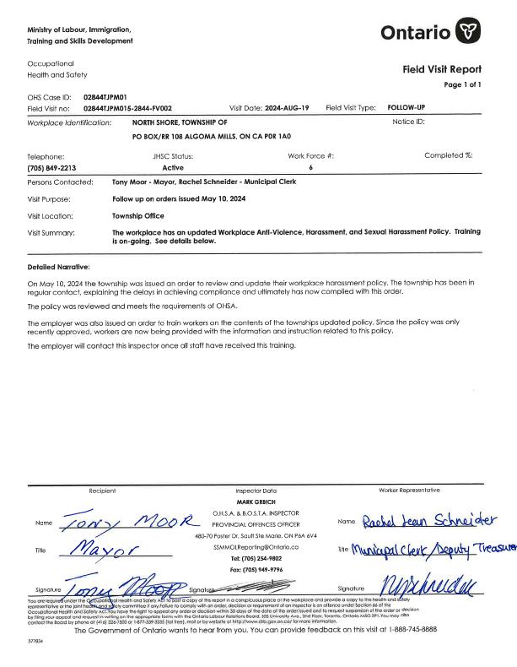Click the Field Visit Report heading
[x=442, y=69]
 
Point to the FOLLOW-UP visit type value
[x=407, y=108]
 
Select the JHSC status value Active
[x=173, y=168]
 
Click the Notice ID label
[x=408, y=122]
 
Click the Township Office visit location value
[x=138, y=215]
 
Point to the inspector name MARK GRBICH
[x=256, y=501]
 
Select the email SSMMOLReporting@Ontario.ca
[x=257, y=547]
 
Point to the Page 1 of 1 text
[x=462, y=85]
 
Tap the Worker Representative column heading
[x=409, y=491]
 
